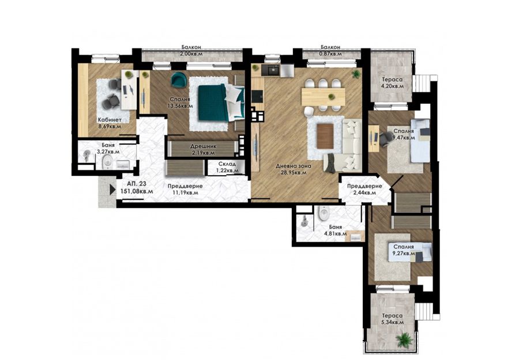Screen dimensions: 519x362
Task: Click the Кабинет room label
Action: tap(109, 120)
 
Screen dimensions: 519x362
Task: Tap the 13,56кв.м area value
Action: tap(180, 106)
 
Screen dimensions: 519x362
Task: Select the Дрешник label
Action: tap(203, 146)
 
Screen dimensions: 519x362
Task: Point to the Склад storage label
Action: tap(227, 164)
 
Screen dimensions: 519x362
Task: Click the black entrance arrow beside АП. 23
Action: tap(113, 190)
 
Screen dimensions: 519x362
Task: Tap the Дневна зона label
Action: tap(294, 166)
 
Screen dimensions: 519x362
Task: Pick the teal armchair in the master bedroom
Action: tap(178, 80)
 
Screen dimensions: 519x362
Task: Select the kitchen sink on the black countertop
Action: tap(271, 70)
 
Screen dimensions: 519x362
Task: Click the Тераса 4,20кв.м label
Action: tap(393, 83)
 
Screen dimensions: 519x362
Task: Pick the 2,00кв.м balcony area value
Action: tap(191, 54)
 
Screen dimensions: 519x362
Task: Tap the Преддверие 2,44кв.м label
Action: tap(364, 189)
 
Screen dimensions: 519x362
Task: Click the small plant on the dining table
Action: tap(330, 97)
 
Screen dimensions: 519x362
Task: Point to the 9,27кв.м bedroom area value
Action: tap(404, 254)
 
